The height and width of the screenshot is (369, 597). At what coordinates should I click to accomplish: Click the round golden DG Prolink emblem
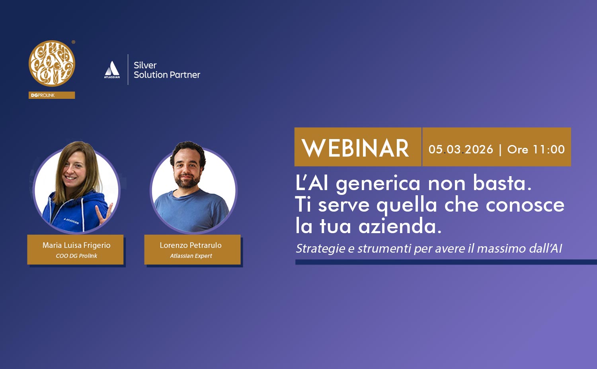pyautogui.click(x=52, y=63)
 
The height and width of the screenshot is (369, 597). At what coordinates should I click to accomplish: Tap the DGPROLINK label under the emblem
pyautogui.click(x=43, y=95)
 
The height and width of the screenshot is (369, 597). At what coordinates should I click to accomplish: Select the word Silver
pyautogui.click(x=145, y=65)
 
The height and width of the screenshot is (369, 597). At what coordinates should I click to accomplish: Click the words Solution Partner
pyautogui.click(x=167, y=75)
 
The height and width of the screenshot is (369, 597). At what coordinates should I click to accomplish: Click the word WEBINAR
pyautogui.click(x=355, y=148)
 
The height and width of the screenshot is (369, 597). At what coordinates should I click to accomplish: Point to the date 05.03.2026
pyautogui.click(x=460, y=149)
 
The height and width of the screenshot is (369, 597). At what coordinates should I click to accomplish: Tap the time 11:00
pyautogui.click(x=548, y=149)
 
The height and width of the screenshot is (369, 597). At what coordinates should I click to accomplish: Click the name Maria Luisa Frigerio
pyautogui.click(x=76, y=245)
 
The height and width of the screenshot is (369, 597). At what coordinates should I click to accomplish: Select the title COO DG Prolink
pyautogui.click(x=76, y=256)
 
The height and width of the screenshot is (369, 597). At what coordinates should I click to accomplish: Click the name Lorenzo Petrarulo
pyautogui.click(x=191, y=245)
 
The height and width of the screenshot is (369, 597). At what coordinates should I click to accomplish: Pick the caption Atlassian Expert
pyautogui.click(x=191, y=256)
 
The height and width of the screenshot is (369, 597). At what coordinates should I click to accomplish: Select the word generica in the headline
pyautogui.click(x=378, y=184)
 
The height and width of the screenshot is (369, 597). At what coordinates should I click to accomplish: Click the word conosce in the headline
pyautogui.click(x=525, y=205)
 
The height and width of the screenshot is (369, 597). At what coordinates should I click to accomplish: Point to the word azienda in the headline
pyautogui.click(x=400, y=226)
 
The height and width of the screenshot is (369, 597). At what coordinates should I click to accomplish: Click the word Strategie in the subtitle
pyautogui.click(x=320, y=248)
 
